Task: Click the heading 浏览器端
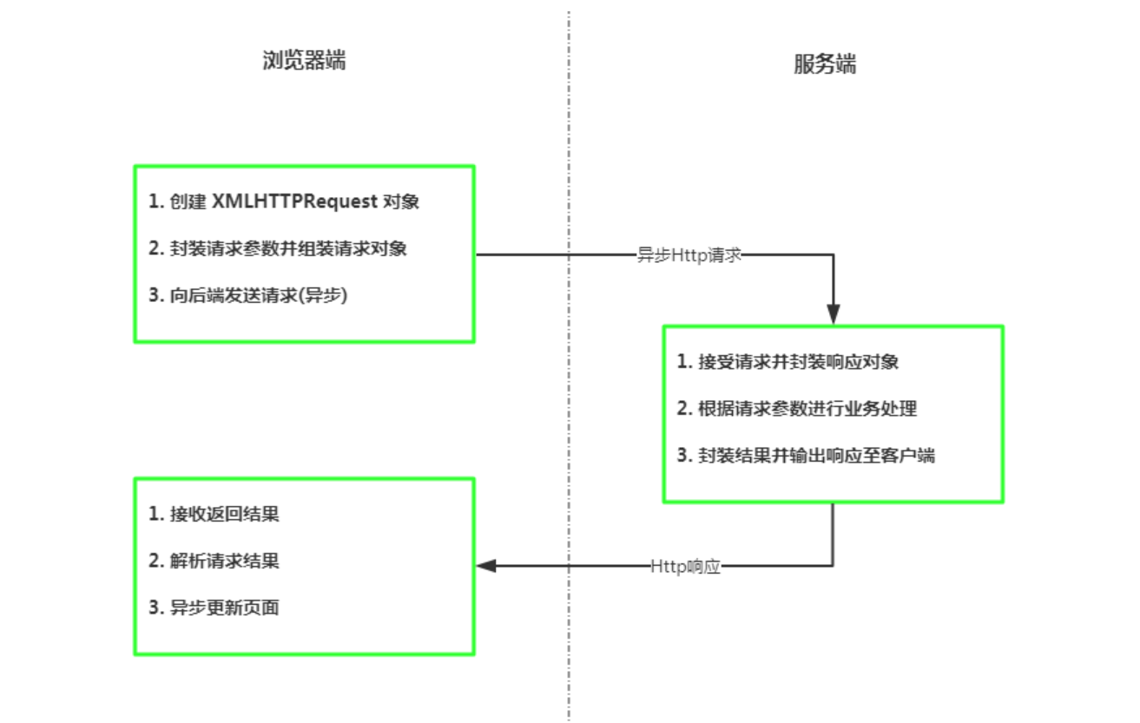304,61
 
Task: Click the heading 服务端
824,65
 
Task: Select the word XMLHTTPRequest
295,201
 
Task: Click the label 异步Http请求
689,255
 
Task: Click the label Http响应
685,567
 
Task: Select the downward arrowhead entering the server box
834,314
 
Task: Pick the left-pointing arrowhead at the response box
486,566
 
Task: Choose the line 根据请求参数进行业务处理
798,409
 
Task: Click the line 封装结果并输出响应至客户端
807,456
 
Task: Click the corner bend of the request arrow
834,255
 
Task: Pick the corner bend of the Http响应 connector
834,566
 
